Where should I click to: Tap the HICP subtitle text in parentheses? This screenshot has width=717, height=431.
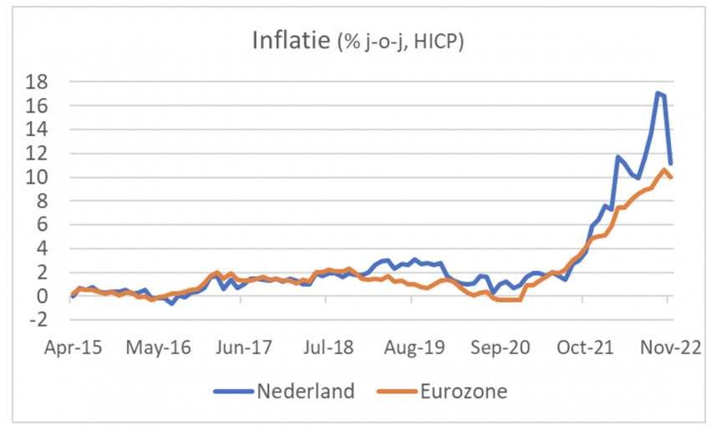[x=400, y=42]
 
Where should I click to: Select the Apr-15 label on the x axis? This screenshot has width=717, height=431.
[x=73, y=347]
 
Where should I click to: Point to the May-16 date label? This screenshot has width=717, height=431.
[x=158, y=347]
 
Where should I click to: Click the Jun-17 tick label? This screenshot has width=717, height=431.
[x=243, y=347]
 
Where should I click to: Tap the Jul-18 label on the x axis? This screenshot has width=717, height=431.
[x=328, y=347]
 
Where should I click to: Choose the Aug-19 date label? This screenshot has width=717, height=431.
[x=414, y=347]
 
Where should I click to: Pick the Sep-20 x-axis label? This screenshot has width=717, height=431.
[x=500, y=347]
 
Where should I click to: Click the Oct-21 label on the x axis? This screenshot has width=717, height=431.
[x=585, y=347]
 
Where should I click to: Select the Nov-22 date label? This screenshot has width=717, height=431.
[x=670, y=347]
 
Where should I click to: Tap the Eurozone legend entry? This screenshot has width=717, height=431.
[x=462, y=391]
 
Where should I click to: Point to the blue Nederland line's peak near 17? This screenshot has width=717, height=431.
[x=659, y=93]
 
